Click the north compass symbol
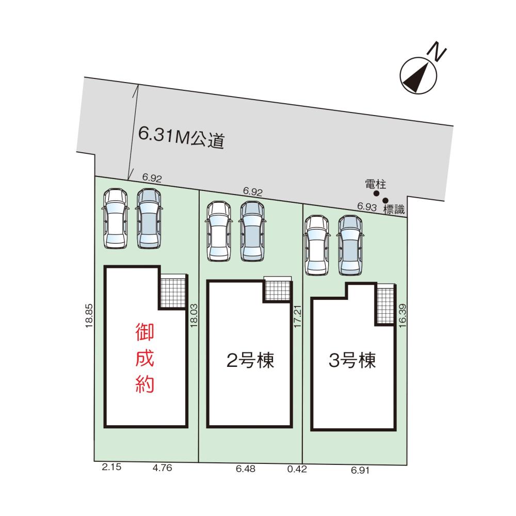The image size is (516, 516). click(x=418, y=76)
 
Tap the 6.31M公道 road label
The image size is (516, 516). click(x=181, y=138)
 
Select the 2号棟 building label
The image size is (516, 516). click(x=250, y=360)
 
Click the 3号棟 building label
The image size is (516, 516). click(x=352, y=360)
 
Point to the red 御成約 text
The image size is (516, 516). click(x=145, y=358)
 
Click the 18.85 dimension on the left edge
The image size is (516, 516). click(x=89, y=316)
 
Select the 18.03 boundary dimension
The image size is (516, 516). click(x=194, y=315)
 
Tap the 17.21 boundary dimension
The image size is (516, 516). click(x=298, y=316)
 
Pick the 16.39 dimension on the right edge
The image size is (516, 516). click(x=402, y=316)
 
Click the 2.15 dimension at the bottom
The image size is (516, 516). click(x=111, y=466)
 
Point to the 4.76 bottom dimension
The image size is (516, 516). click(x=162, y=467)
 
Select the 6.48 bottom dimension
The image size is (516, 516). click(x=246, y=469)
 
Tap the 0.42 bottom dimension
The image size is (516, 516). click(x=297, y=469)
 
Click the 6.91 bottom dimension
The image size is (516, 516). click(x=360, y=470)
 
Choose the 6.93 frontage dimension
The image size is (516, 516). click(x=367, y=207)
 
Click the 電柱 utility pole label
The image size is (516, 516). click(x=376, y=184)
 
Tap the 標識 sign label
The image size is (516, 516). click(x=394, y=209)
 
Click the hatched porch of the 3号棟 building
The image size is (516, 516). click(x=385, y=304)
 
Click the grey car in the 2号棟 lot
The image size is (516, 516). click(x=252, y=231)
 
